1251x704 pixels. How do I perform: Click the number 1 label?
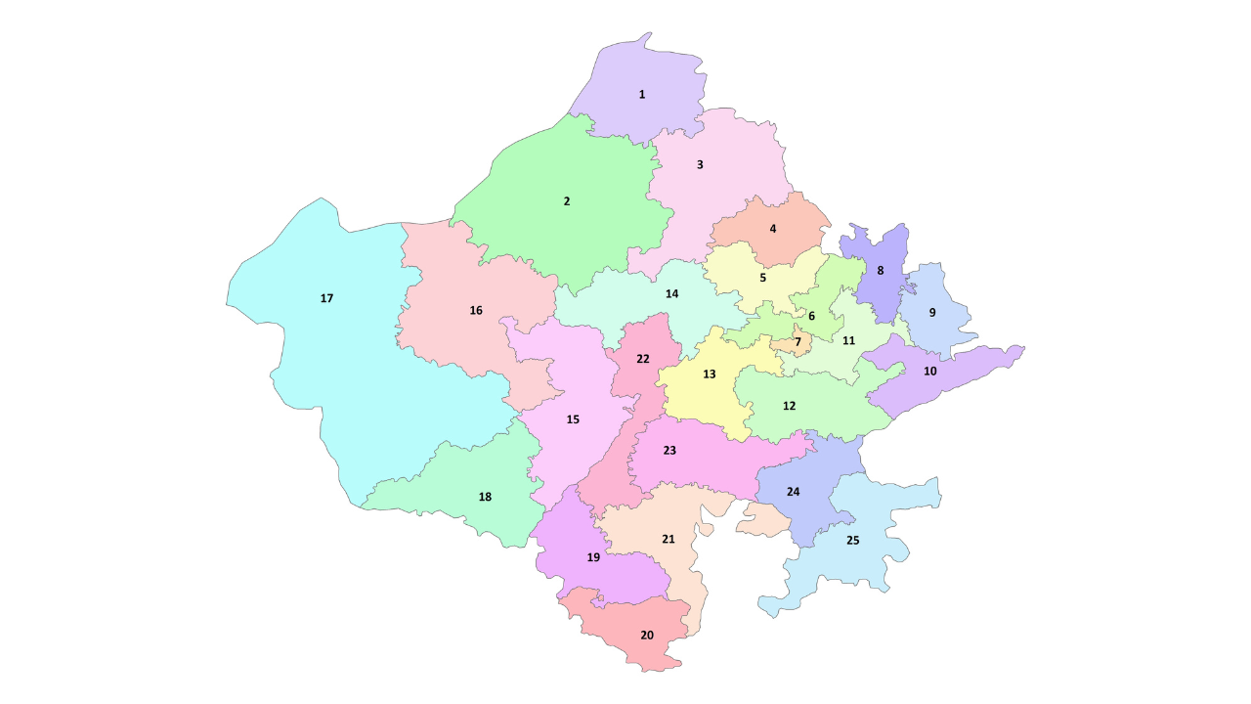(642, 95)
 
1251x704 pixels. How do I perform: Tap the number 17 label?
(326, 298)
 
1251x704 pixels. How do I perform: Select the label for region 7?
(798, 342)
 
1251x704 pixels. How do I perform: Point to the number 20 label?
(647, 636)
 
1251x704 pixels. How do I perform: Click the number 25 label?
(852, 541)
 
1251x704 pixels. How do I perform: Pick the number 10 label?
(929, 372)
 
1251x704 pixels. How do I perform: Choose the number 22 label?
(642, 359)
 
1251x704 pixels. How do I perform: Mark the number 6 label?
(811, 316)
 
